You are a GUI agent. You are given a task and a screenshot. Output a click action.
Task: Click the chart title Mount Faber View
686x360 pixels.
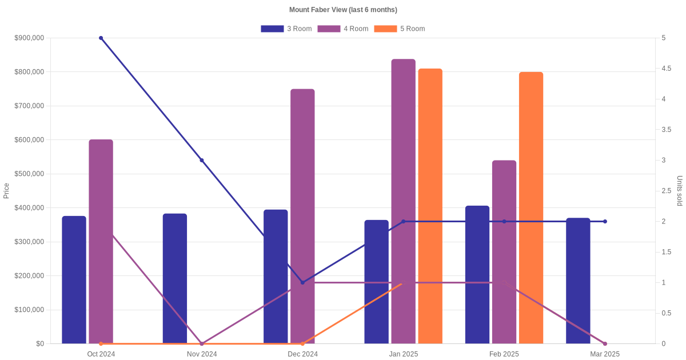(x=343, y=10)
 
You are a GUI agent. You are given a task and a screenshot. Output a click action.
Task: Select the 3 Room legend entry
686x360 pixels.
(x=286, y=29)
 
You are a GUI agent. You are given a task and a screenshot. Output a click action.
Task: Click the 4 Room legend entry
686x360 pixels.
(x=342, y=29)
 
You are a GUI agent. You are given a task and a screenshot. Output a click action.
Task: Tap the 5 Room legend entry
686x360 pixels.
(x=399, y=29)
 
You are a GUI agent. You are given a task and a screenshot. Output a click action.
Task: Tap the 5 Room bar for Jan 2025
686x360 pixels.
(x=430, y=206)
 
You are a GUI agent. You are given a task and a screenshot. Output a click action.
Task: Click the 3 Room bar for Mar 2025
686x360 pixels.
(x=578, y=281)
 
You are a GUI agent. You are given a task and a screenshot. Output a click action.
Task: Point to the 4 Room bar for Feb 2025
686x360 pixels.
(x=504, y=251)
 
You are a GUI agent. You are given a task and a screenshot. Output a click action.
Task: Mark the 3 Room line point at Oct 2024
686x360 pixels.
(x=101, y=38)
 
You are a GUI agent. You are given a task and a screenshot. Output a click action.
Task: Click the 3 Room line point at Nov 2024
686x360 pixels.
(x=202, y=161)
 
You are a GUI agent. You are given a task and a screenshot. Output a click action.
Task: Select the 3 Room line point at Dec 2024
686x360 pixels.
(x=302, y=282)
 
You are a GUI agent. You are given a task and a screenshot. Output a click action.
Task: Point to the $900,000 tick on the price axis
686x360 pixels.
(x=29, y=38)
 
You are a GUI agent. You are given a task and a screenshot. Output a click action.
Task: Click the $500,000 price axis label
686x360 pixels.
(x=29, y=174)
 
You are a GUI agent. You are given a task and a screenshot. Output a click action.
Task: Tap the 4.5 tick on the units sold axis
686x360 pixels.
(x=666, y=69)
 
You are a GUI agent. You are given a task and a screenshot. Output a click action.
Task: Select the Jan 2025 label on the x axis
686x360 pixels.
(x=404, y=354)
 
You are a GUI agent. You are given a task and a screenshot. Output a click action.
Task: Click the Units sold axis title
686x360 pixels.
(x=679, y=191)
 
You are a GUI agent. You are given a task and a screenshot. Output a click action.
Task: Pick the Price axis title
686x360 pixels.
(x=6, y=191)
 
